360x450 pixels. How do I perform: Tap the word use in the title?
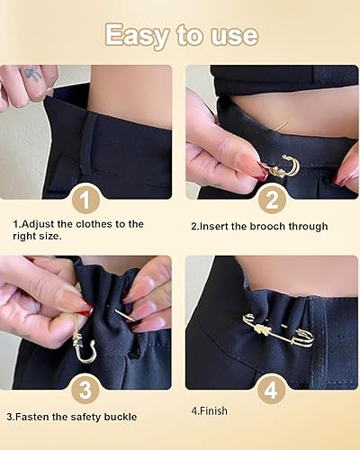pyautogui.click(x=234, y=36)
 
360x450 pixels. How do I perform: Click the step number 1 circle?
pyautogui.click(x=85, y=200)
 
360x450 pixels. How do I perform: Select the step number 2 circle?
pyautogui.click(x=272, y=201)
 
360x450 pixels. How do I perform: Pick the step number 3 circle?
pyautogui.click(x=85, y=390)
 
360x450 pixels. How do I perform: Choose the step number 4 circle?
pyautogui.click(x=271, y=390)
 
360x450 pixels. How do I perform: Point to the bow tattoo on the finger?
pyautogui.click(x=33, y=74)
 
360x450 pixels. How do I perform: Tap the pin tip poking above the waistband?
pyautogui.click(x=282, y=126)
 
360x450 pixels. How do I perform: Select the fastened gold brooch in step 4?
pyautogui.click(x=279, y=330)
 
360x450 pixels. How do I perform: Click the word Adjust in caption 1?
pyautogui.click(x=39, y=224)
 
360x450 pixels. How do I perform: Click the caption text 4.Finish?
pyautogui.click(x=210, y=410)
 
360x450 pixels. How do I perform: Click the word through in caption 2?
pyautogui.click(x=308, y=226)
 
